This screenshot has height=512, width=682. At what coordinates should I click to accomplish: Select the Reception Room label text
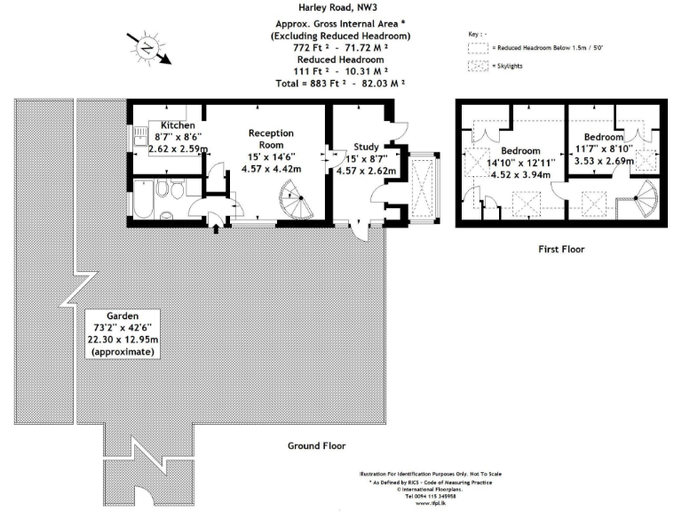[270, 138]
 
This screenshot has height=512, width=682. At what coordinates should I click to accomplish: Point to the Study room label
[367, 147]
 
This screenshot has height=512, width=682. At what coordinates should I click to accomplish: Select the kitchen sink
[139, 136]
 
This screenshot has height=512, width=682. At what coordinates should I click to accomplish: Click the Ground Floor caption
[316, 445]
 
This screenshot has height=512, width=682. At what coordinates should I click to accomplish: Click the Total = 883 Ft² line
[341, 83]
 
